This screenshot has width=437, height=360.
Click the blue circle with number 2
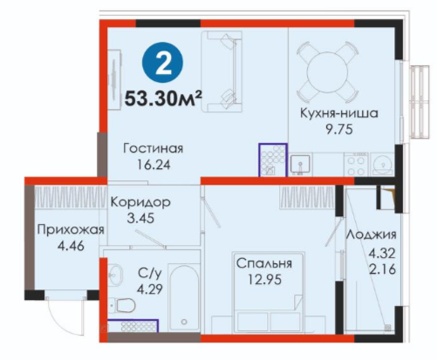(x=162, y=63)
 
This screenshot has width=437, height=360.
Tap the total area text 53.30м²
(x=163, y=99)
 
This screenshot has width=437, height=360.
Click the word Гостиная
(x=154, y=148)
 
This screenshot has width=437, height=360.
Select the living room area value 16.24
(x=154, y=165)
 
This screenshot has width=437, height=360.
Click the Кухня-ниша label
(x=339, y=113)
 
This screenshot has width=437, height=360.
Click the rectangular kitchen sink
(x=300, y=164)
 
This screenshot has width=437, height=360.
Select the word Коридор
(x=140, y=202)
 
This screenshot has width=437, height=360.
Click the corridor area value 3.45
(x=140, y=218)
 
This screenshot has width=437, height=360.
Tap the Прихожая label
(x=71, y=230)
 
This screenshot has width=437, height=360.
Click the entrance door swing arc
(x=58, y=323)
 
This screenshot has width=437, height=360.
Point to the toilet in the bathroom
(x=124, y=306)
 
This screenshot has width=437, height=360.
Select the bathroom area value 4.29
(x=150, y=289)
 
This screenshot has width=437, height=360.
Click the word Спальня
(x=264, y=263)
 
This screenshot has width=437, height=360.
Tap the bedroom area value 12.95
(x=264, y=280)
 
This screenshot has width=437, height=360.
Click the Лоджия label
(x=371, y=234)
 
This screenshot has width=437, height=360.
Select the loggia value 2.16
(x=382, y=270)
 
